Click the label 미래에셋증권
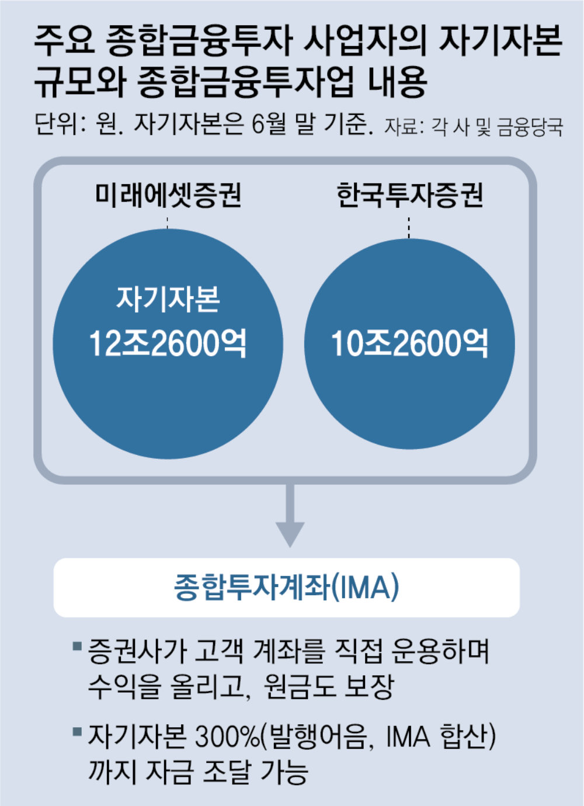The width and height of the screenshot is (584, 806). pyautogui.click(x=168, y=196)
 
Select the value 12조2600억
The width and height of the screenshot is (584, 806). pyautogui.click(x=168, y=343)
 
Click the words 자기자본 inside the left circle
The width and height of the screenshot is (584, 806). pyautogui.click(x=168, y=299)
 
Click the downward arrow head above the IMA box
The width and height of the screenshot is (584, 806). pyautogui.click(x=290, y=533)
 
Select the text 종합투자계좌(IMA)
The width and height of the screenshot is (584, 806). pyautogui.click(x=287, y=588)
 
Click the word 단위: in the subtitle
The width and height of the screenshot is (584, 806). pyautogui.click(x=61, y=124)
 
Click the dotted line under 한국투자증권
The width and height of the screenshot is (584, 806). pyautogui.click(x=409, y=227)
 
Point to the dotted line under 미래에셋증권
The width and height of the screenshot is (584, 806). pyautogui.click(x=168, y=223)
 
